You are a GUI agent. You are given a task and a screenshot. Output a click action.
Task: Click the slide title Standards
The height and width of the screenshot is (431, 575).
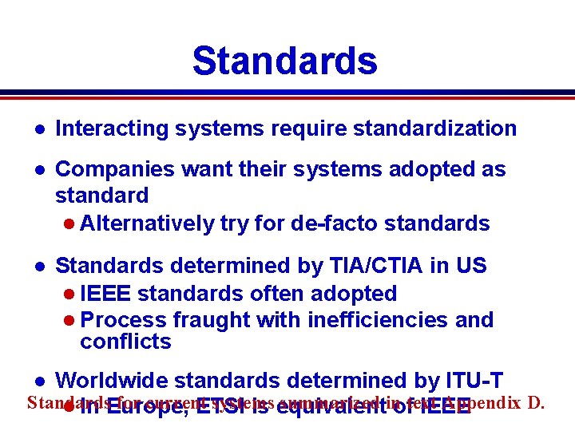[284, 61]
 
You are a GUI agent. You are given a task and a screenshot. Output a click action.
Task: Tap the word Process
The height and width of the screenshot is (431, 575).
[124, 320]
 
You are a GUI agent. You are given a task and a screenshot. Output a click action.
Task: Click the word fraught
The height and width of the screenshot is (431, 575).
[215, 320]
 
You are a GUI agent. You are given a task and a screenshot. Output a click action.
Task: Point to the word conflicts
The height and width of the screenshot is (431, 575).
[125, 342]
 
